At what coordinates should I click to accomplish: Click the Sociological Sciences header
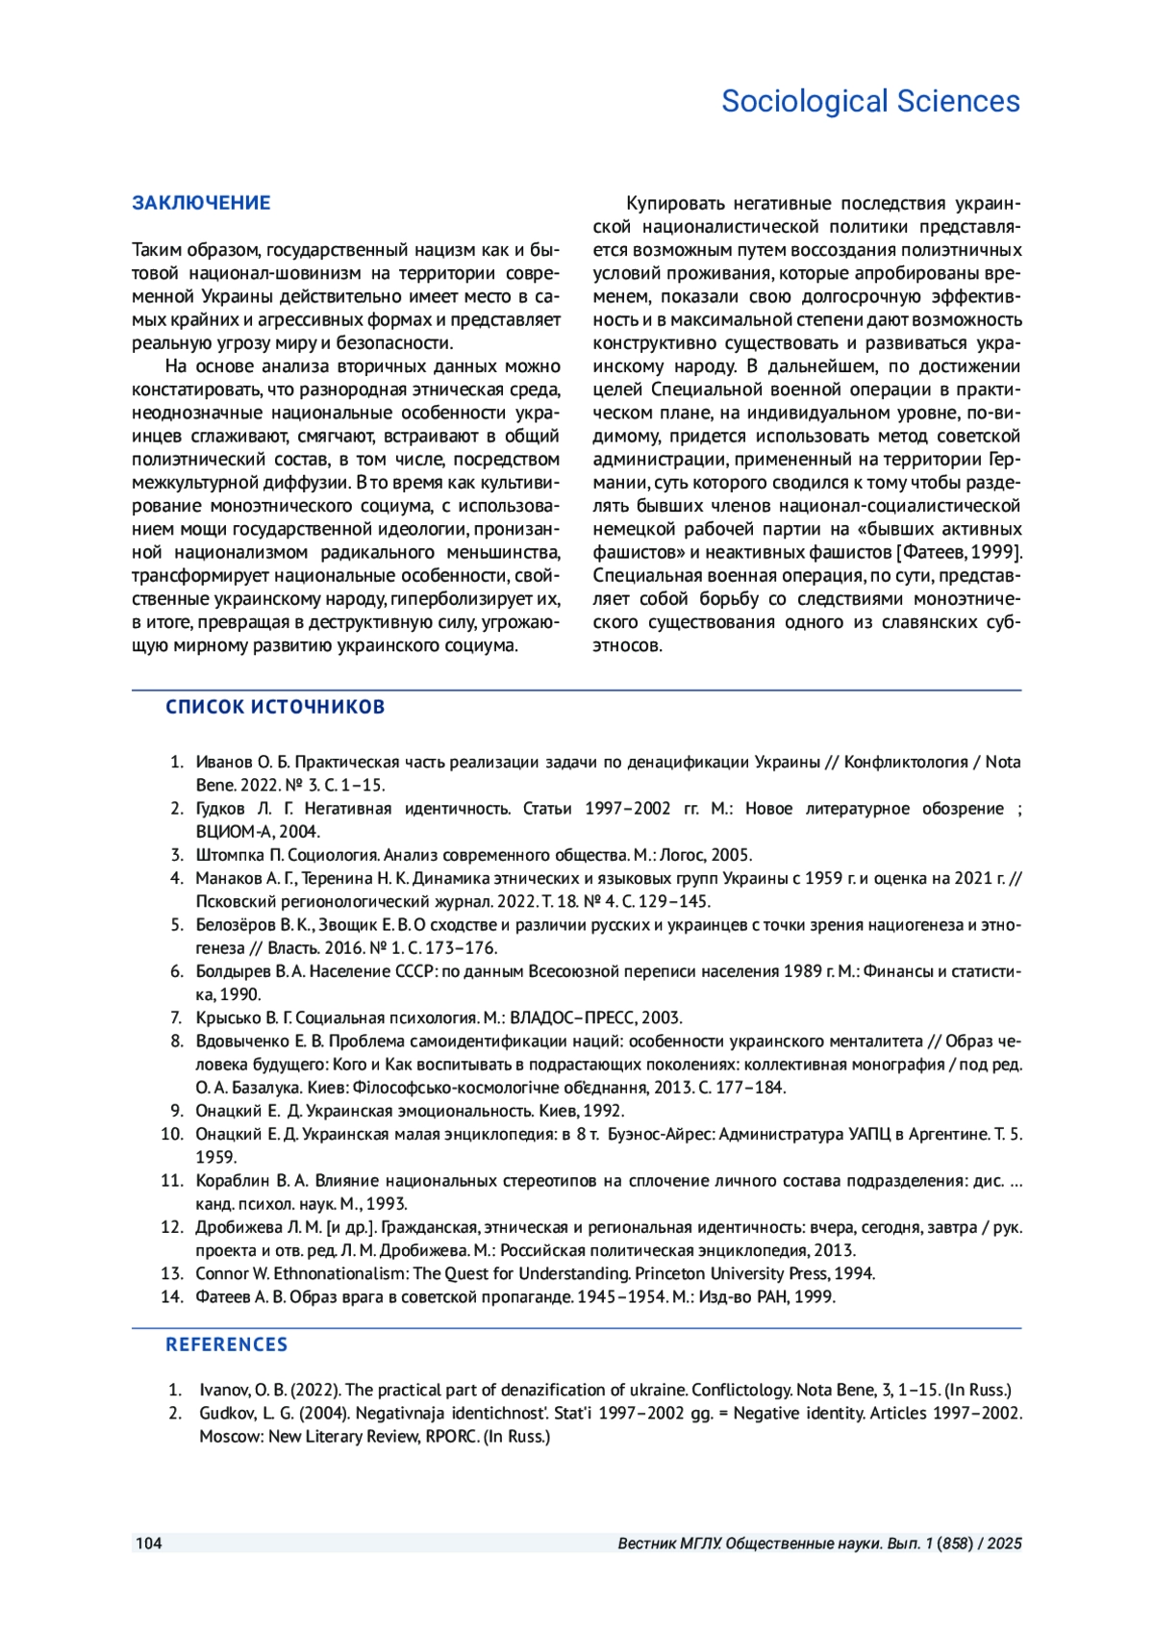point(869,101)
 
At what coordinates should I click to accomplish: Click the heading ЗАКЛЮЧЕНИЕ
point(201,203)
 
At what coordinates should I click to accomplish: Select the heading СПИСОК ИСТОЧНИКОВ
point(275,707)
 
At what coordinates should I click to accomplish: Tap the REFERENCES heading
point(226,1344)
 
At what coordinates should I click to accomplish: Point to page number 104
point(149,1544)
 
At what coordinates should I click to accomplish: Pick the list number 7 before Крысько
point(176,1017)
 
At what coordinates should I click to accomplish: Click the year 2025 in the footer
point(1004,1544)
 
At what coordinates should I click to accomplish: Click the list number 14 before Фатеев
point(172,1296)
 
